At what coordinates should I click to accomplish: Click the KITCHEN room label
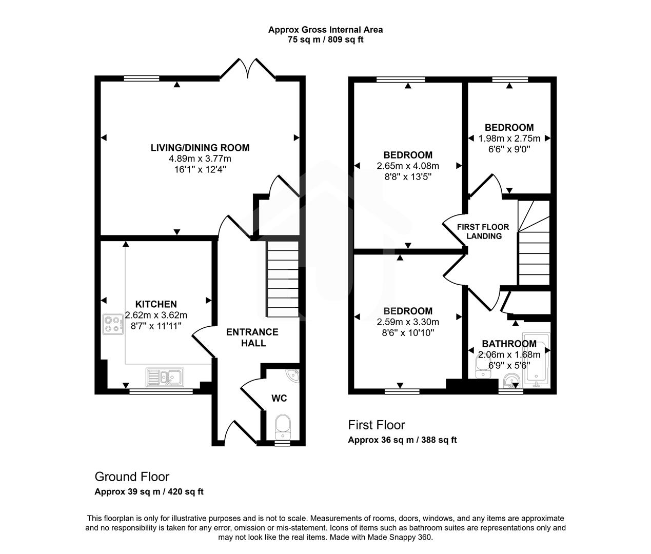point(156,304)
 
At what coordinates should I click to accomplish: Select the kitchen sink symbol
point(165,377)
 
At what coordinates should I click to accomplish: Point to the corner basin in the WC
point(292,375)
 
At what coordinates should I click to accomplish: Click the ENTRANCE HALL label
point(252,338)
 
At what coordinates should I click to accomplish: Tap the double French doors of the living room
point(249,68)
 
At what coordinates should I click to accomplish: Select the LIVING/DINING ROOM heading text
point(200,148)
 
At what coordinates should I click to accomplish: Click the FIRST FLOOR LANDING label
point(483,231)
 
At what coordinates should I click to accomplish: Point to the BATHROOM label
point(509,344)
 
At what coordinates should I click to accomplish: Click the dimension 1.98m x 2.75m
point(509,138)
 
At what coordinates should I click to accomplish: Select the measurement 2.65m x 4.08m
point(408,166)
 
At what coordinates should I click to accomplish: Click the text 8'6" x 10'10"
point(408,333)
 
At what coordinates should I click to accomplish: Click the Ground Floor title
point(132,477)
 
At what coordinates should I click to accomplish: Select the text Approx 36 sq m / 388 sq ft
point(402,440)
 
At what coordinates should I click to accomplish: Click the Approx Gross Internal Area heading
point(325,30)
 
